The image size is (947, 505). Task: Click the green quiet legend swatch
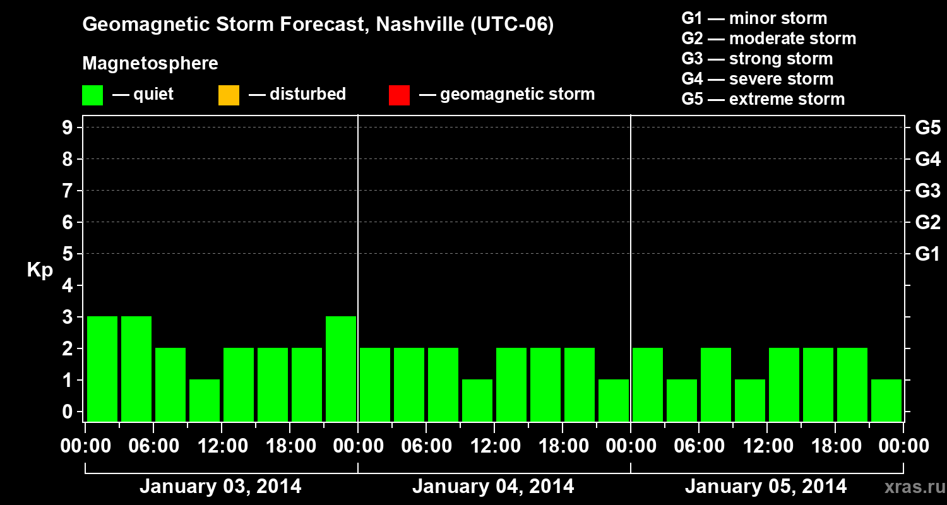click(92, 95)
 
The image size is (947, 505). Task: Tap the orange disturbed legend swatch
click(229, 95)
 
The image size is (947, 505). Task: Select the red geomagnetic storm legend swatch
click(399, 95)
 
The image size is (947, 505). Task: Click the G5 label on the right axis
click(927, 128)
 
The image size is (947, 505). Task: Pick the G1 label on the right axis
click(927, 254)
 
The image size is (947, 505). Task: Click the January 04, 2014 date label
click(493, 487)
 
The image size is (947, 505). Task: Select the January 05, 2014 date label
click(766, 487)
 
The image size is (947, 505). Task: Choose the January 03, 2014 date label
click(220, 487)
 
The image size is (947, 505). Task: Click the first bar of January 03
click(102, 369)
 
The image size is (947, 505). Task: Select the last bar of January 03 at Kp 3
click(341, 369)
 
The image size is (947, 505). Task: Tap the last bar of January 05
click(886, 400)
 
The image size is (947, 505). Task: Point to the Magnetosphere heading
click(150, 64)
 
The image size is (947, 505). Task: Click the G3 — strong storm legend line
click(757, 59)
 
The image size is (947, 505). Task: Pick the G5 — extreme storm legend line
click(763, 99)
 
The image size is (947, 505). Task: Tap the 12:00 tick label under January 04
click(494, 446)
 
